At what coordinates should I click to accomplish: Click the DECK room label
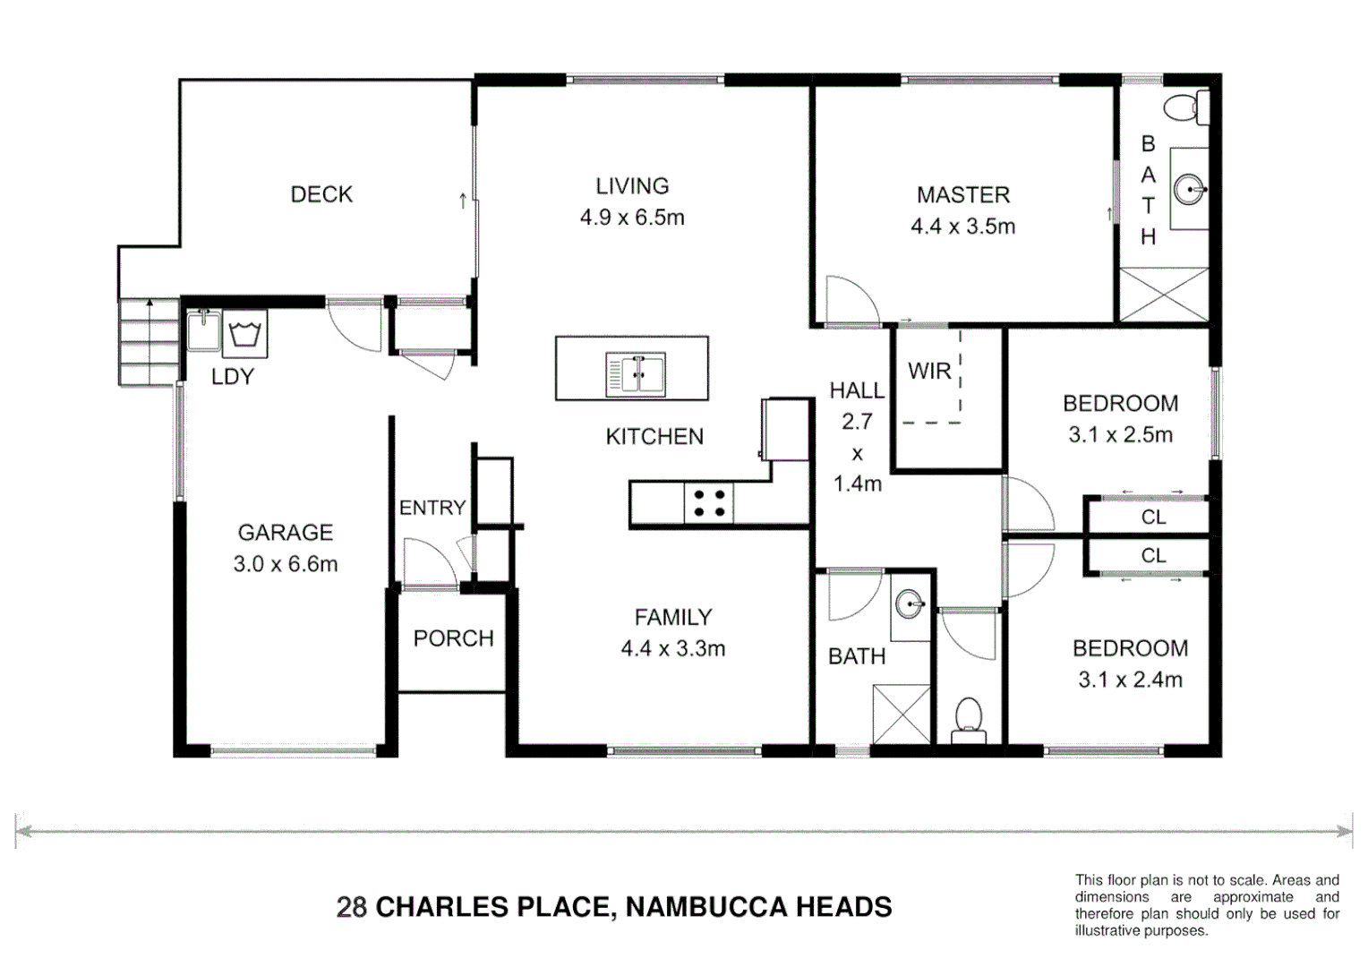[321, 194]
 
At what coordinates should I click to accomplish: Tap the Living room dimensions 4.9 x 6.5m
[632, 218]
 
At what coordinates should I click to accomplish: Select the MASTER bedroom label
[962, 194]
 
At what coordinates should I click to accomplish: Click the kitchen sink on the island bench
[636, 373]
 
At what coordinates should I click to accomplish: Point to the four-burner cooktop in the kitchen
[708, 502]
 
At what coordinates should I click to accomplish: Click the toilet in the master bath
[1186, 108]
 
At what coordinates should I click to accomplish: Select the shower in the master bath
[1163, 294]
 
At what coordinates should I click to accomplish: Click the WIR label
[928, 371]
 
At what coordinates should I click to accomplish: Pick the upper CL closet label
[1153, 517]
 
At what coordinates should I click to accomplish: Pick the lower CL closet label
[1153, 556]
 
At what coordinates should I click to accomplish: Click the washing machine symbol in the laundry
[244, 334]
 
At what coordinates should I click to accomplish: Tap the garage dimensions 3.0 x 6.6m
[286, 564]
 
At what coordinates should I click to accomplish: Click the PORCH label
[453, 638]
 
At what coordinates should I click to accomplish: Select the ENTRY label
[432, 508]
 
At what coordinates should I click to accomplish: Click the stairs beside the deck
[149, 342]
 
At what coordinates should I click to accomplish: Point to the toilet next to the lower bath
[968, 720]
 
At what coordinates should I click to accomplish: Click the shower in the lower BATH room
[901, 714]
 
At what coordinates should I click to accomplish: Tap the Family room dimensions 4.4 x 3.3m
[672, 649]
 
